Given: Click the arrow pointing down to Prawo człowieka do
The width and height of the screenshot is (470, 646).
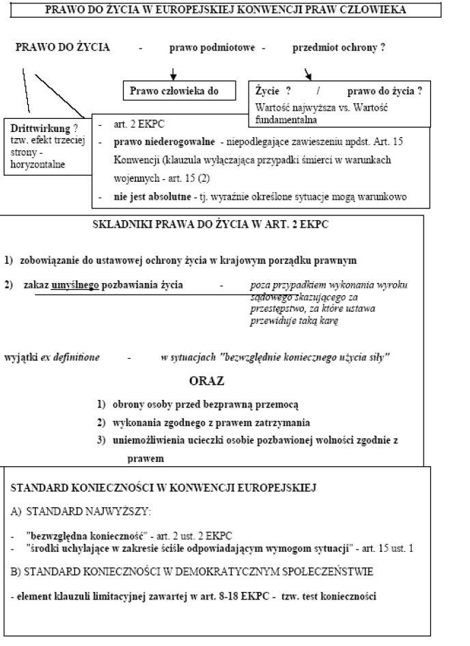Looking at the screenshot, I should (174, 73).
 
